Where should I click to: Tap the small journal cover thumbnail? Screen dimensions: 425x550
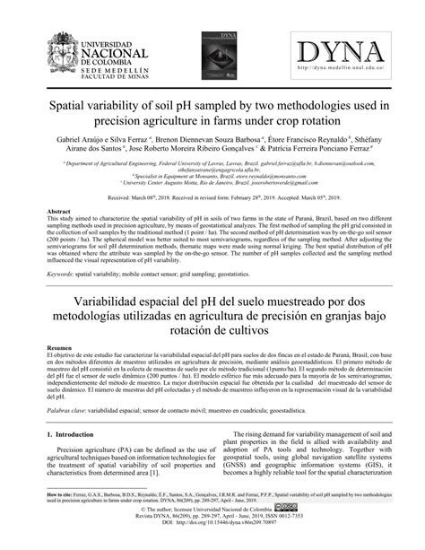point(213,48)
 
